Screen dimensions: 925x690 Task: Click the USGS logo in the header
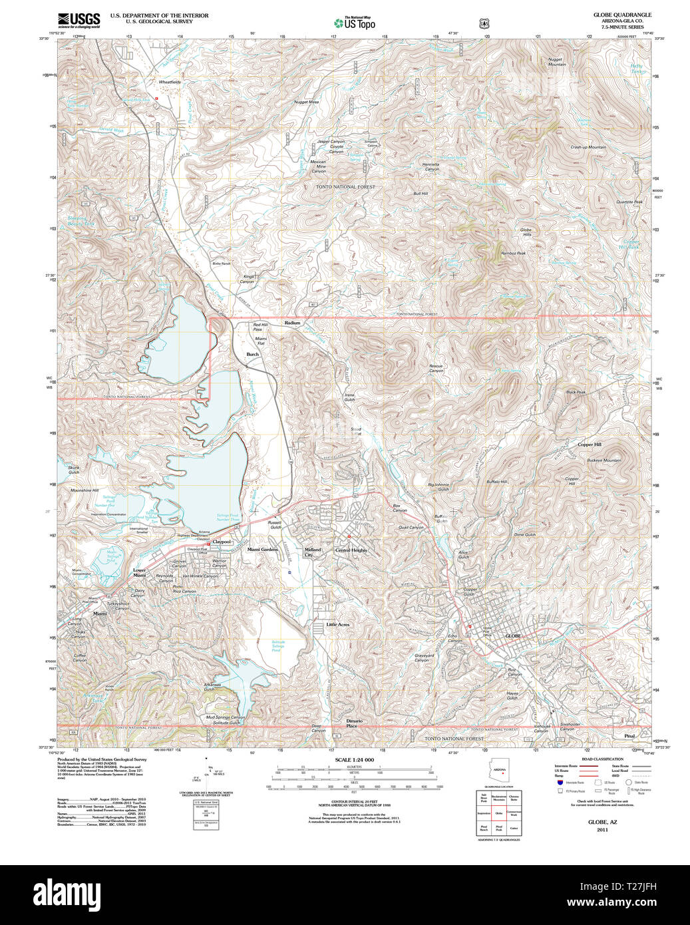79,19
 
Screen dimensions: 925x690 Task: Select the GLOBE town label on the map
513,636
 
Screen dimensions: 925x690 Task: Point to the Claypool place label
222,542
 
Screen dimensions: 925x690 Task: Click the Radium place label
293,323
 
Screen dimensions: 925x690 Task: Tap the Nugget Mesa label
307,102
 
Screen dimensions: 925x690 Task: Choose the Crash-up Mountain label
588,147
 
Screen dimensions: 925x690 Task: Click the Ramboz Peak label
514,253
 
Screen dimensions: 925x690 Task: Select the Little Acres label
338,625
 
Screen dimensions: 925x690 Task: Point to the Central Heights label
351,550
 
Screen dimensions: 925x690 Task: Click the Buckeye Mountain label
604,460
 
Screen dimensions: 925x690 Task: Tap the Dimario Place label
354,723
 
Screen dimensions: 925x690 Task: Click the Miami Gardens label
262,550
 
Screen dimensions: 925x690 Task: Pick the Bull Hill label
421,194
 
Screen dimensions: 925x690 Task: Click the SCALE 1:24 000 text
354,760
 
